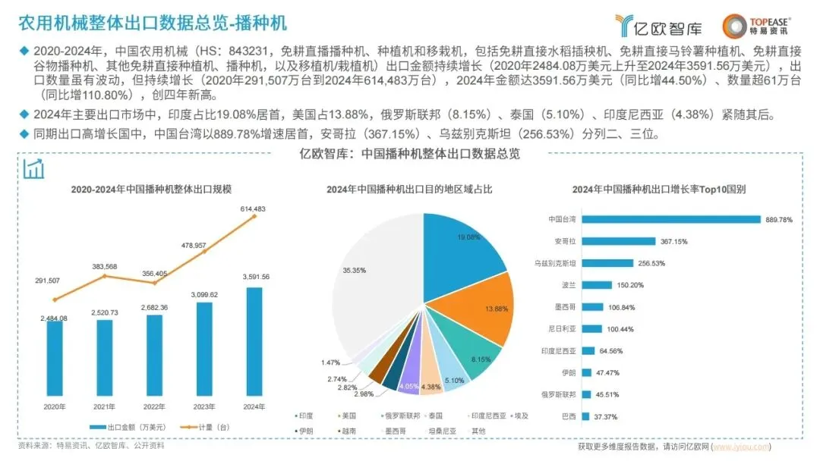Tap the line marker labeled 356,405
tap(154, 282)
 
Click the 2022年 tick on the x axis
tap(153, 407)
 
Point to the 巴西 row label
tap(568, 416)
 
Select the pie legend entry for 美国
tap(350, 416)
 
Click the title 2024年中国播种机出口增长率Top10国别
tap(658, 189)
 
